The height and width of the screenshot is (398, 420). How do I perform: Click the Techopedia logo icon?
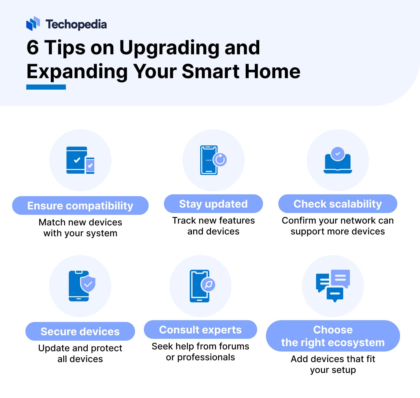(33, 24)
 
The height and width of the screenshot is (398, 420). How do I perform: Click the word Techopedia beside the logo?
(76, 24)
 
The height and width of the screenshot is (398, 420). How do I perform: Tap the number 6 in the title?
(33, 48)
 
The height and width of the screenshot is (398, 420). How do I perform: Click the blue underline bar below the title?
(46, 87)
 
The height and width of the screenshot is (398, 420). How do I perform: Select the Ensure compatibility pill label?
(80, 205)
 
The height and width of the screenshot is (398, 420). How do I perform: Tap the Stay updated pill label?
(213, 204)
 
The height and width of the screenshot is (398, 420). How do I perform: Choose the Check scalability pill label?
(338, 204)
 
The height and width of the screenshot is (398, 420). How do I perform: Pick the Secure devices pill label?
(80, 331)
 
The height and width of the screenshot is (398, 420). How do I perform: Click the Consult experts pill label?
(200, 330)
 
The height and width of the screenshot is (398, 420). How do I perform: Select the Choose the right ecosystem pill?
(333, 336)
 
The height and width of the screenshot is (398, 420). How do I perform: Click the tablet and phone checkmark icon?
(80, 160)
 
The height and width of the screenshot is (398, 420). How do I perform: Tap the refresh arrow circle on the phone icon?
(220, 160)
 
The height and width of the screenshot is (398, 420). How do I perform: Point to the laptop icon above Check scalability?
(338, 160)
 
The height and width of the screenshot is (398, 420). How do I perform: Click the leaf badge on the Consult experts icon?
(208, 285)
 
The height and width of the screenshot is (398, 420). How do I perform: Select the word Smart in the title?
(210, 71)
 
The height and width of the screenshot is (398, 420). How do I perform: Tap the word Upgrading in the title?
(169, 48)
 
